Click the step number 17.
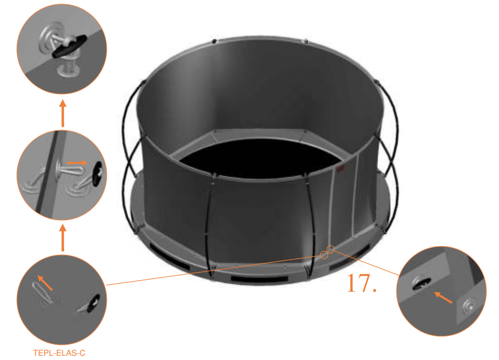pos(361,283)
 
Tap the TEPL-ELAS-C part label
pos(59,353)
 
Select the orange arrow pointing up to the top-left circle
pos(63,115)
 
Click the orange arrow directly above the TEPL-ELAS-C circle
pos(63,238)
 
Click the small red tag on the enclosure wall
pos(340,169)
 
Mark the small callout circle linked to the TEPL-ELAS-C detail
pos(324,255)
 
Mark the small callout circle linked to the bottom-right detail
pos(331,249)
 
